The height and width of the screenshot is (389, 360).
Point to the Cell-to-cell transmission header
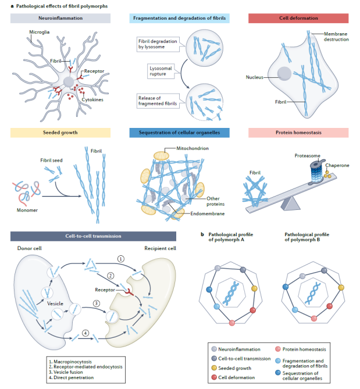pos(93,236)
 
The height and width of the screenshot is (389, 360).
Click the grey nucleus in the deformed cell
pos(284,73)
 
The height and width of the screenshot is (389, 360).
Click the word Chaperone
pos(337,165)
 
